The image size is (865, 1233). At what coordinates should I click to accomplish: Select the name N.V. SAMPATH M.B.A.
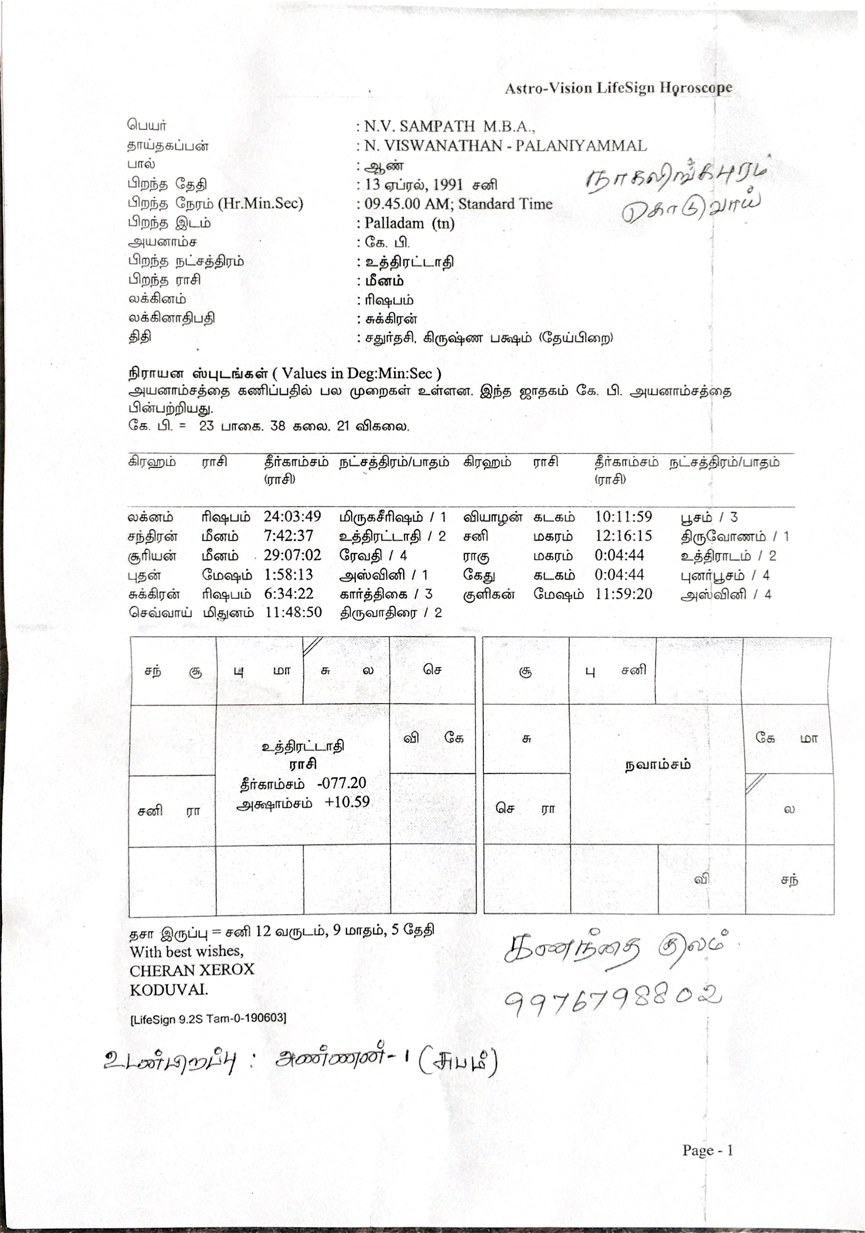click(449, 126)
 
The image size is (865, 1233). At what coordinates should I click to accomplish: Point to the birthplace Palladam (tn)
click(409, 223)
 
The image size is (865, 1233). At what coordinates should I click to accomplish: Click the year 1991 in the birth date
click(447, 185)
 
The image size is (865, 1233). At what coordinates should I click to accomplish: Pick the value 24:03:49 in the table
click(292, 517)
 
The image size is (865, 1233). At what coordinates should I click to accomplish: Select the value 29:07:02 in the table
click(292, 555)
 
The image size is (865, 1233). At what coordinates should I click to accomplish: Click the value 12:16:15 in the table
click(623, 536)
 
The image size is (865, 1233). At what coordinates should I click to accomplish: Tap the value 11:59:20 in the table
click(623, 594)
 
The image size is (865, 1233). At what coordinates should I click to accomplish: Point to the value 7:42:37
click(288, 536)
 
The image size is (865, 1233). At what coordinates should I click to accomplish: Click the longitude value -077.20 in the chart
click(341, 783)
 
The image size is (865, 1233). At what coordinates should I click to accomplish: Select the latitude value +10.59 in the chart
click(347, 802)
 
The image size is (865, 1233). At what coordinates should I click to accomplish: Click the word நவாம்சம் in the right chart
click(657, 765)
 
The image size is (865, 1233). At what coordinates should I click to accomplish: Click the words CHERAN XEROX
click(191, 970)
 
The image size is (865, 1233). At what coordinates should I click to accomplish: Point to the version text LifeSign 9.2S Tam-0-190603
click(208, 1019)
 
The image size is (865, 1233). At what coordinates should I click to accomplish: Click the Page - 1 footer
click(707, 1150)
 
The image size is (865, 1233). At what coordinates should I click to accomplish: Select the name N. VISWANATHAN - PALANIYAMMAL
click(505, 146)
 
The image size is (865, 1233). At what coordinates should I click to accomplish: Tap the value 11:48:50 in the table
click(293, 613)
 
